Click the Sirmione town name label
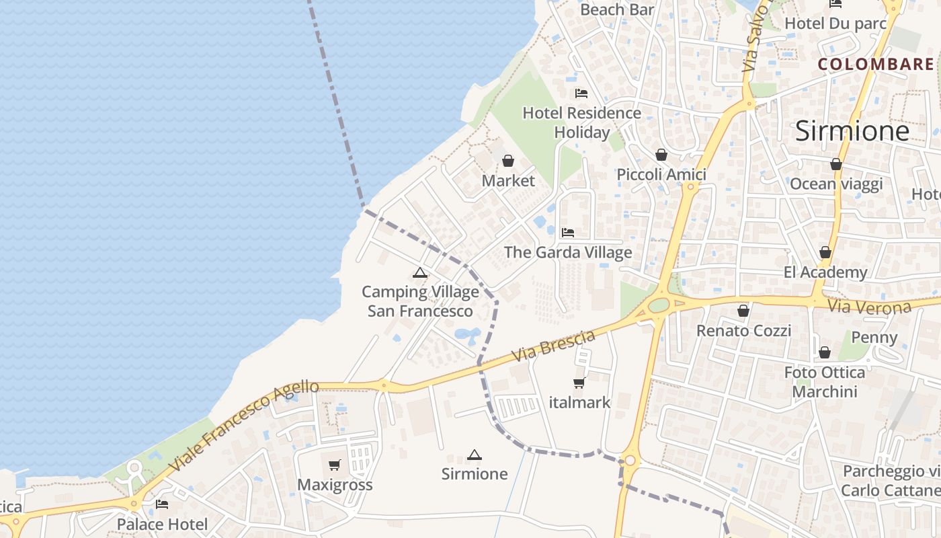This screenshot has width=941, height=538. click(x=852, y=131)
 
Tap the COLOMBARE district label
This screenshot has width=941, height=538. click(x=876, y=65)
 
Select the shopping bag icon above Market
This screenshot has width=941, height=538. click(x=508, y=161)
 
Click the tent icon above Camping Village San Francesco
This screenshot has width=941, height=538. click(x=420, y=273)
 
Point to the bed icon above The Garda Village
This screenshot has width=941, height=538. click(x=568, y=233)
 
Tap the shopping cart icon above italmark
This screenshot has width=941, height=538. click(x=579, y=383)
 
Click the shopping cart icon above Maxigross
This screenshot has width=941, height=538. click(x=335, y=465)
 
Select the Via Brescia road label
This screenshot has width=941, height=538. click(x=553, y=346)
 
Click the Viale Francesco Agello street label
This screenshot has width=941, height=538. click(x=243, y=425)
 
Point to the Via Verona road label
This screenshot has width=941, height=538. click(x=870, y=307)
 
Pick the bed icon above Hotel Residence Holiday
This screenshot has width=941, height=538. click(x=581, y=93)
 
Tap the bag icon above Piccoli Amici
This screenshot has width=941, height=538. click(x=661, y=155)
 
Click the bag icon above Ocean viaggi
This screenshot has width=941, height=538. click(x=836, y=164)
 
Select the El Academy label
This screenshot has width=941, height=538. click(x=825, y=272)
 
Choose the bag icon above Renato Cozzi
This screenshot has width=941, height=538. click(x=743, y=311)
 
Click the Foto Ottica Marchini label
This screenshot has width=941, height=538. click(x=825, y=382)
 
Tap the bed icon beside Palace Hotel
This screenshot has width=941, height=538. click(x=162, y=504)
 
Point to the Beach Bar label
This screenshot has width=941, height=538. click(x=617, y=9)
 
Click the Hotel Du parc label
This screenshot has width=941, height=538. click(x=835, y=24)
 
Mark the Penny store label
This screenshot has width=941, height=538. click(x=874, y=338)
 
